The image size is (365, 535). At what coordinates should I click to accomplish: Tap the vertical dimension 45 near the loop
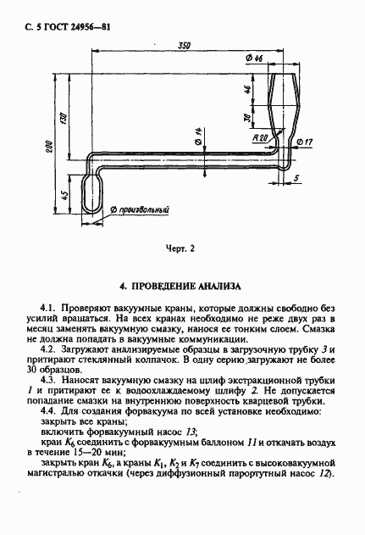pos(66,197)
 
